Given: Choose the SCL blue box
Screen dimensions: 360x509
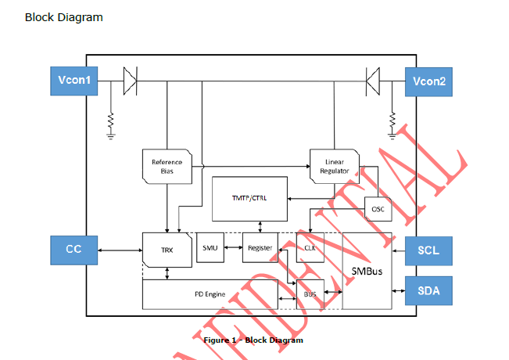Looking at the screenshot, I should coord(428,250).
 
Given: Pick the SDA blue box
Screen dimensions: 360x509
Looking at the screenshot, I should coord(428,290).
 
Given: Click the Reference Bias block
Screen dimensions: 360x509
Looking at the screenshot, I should coord(167,167).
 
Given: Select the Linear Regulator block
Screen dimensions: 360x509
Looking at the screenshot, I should coord(335,167).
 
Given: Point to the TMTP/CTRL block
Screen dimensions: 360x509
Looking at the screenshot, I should coord(249,198).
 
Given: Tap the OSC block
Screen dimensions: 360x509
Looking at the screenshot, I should coord(378,209).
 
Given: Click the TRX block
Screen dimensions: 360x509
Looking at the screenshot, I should coord(167,249).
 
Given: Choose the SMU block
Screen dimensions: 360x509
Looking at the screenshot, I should coord(210,248).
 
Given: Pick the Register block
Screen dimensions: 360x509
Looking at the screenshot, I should coord(259,248).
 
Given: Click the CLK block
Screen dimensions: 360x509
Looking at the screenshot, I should coord(310,248).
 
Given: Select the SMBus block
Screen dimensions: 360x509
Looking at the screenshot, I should coord(367,269).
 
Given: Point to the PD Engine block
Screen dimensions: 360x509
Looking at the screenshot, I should coord(210,294).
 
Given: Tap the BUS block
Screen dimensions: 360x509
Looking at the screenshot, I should coord(310,294).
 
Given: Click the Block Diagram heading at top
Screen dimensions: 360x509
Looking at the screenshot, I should coord(63,17).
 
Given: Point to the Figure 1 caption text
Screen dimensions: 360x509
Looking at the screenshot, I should coord(253,340).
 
